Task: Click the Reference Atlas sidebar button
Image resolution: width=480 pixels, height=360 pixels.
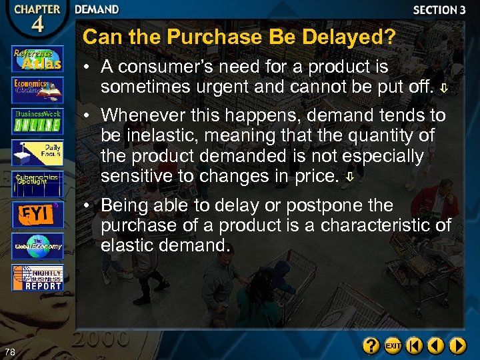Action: (x=37, y=59)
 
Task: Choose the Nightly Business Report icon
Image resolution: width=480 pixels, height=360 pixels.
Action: (x=37, y=277)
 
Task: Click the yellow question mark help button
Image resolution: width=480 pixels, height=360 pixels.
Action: (x=371, y=346)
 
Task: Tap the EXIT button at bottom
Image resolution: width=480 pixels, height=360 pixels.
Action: (x=393, y=346)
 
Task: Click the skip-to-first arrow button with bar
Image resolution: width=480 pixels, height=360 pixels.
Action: (x=415, y=346)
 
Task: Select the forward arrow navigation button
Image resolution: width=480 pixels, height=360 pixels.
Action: (x=457, y=346)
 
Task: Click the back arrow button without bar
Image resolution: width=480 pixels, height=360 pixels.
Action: (x=436, y=346)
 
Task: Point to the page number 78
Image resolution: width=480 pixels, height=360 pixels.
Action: (x=9, y=352)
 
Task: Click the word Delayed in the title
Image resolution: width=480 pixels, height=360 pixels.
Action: (x=348, y=37)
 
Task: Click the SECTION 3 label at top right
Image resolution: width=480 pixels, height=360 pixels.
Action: (x=439, y=10)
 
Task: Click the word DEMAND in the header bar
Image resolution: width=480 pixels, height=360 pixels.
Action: (x=97, y=9)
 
